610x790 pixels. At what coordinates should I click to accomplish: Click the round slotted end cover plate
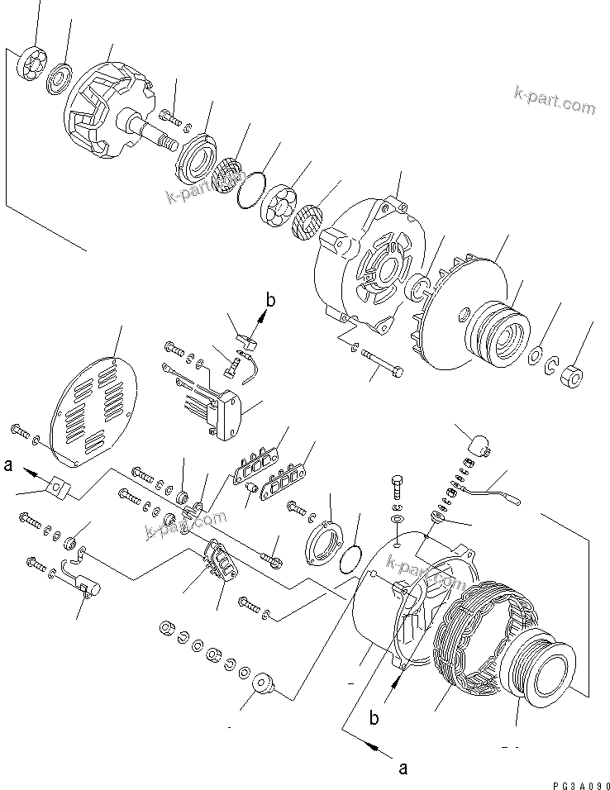coord(92,405)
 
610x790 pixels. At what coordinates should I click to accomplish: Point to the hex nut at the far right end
coord(569,376)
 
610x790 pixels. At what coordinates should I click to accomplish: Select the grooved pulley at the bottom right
coord(541,669)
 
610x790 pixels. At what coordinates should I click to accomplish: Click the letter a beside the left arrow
coord(9,466)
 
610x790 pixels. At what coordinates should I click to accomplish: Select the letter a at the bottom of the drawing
coord(403,768)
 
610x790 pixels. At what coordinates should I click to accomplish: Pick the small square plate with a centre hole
coord(56,489)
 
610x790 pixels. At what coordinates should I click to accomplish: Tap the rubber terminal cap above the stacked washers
coord(477,445)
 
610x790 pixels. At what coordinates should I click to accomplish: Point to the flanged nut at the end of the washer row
coord(264,683)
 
